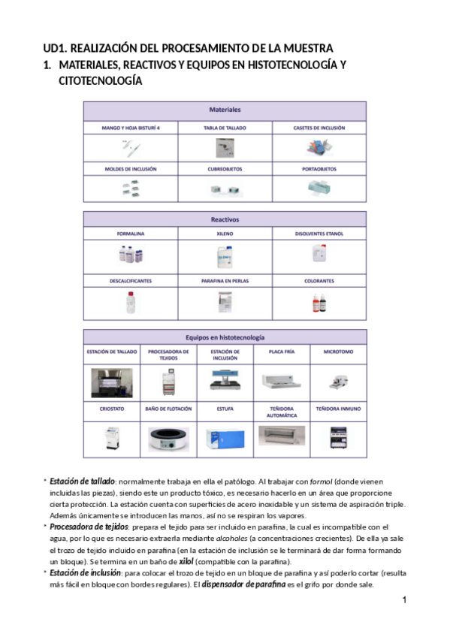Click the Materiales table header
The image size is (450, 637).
(x=225, y=110)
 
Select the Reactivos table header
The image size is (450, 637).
(x=225, y=220)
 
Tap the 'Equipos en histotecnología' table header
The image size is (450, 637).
(x=225, y=337)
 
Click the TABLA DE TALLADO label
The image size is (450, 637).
(x=225, y=128)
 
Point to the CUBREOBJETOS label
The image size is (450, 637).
(x=225, y=169)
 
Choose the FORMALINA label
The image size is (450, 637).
(x=130, y=234)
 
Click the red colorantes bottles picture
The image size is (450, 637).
(x=319, y=303)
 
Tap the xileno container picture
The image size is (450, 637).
(x=225, y=258)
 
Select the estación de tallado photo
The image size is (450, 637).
(x=111, y=382)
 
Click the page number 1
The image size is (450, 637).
(x=404, y=600)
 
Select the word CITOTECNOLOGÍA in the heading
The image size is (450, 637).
(x=100, y=81)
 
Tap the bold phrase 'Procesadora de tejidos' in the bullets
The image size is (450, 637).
(x=83, y=527)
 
